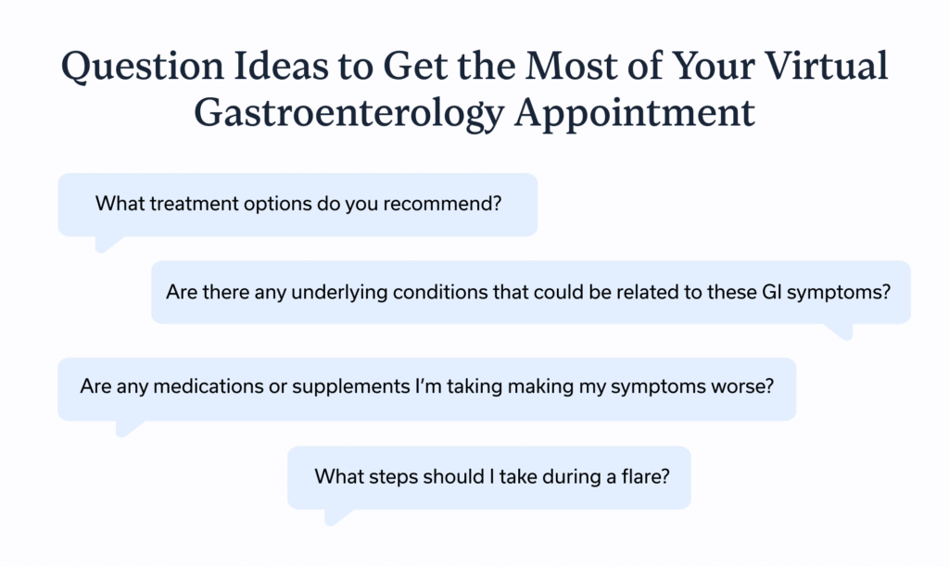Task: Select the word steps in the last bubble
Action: pos(397,477)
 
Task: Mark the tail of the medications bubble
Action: pos(128,427)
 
